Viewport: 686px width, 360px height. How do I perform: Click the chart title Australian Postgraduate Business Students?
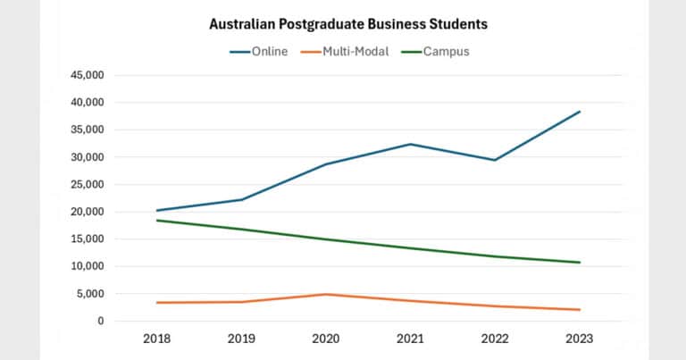point(342,23)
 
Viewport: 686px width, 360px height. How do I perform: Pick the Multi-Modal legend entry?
point(355,51)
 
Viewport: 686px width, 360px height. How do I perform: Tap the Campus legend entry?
point(443,51)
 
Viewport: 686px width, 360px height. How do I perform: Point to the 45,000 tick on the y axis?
point(87,76)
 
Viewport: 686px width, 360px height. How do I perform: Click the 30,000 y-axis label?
point(87,157)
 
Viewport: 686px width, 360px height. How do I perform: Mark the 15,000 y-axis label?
point(87,239)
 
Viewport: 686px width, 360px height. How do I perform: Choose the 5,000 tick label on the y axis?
point(89,294)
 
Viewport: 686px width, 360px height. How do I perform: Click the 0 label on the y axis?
point(99,321)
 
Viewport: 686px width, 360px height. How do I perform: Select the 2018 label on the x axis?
point(156,339)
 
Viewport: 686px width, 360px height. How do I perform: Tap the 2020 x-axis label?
point(326,339)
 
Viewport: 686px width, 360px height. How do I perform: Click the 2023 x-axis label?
point(579,339)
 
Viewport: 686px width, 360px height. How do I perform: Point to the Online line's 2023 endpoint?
point(580,112)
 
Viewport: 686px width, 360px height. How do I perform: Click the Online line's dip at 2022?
point(495,160)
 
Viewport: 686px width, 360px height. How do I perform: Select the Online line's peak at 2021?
point(410,144)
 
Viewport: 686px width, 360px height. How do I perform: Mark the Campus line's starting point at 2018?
point(157,220)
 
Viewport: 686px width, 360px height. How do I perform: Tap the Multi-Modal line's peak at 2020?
point(326,294)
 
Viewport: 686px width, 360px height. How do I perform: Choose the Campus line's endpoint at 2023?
point(580,263)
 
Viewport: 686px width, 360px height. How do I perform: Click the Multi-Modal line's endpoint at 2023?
point(580,310)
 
